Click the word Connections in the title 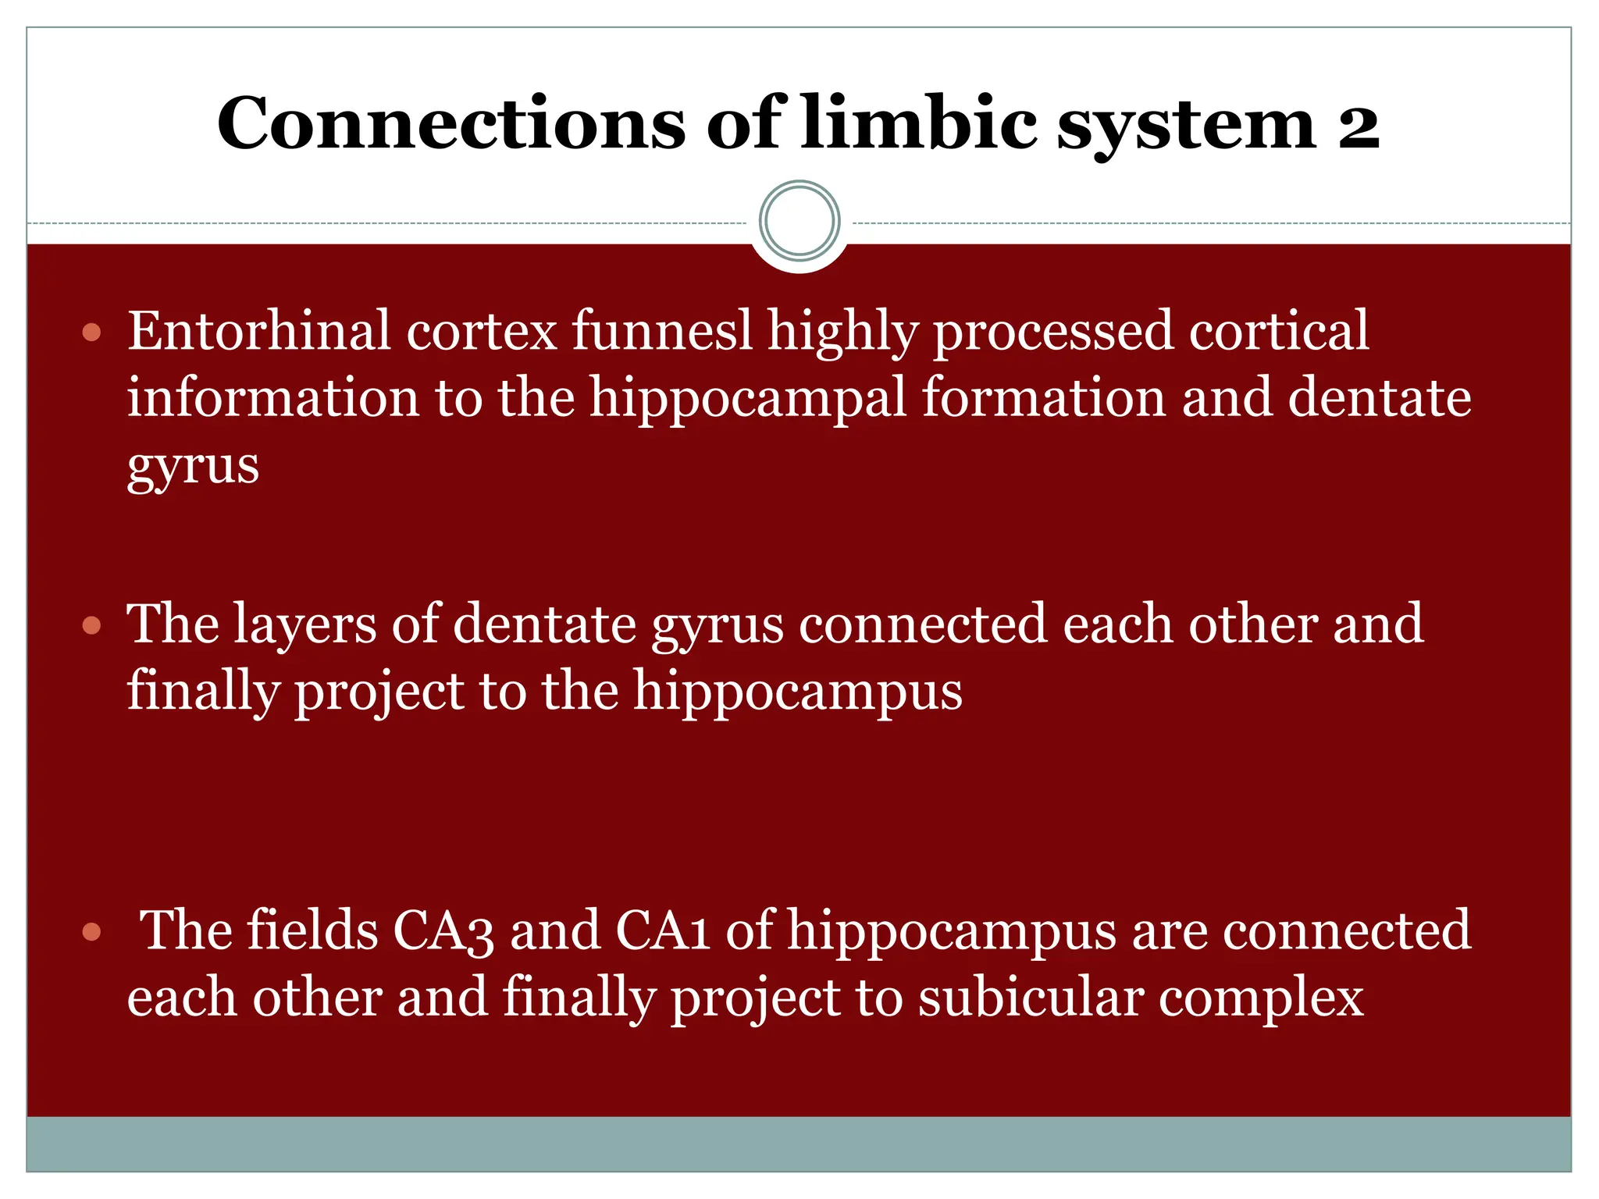(450, 124)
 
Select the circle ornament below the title (799, 221)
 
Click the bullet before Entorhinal (92, 333)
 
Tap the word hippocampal (748, 399)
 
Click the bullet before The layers (92, 625)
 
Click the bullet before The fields (92, 931)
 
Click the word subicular (1030, 998)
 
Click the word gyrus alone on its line (193, 467)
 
